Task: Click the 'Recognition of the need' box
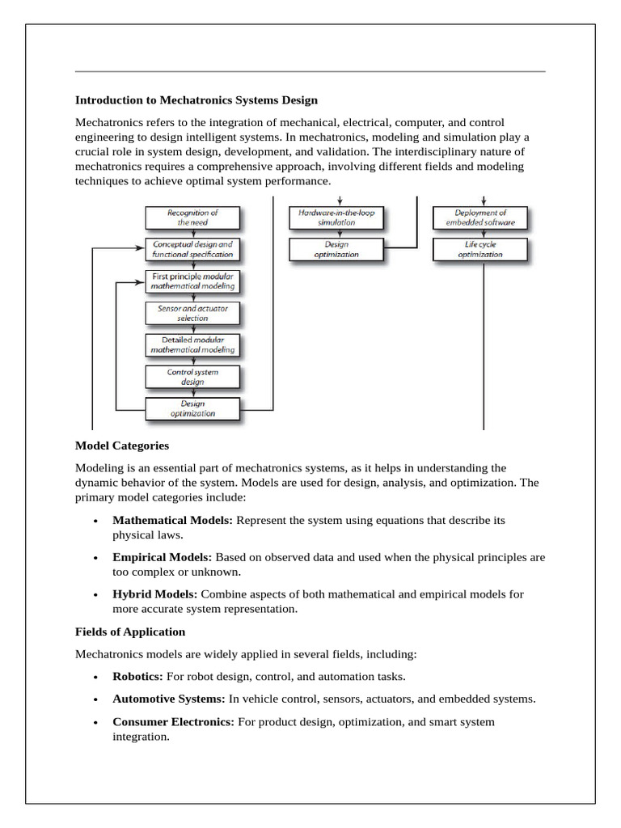click(192, 217)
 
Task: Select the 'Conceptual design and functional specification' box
click(192, 248)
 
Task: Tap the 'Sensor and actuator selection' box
click(192, 314)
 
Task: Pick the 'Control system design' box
click(192, 377)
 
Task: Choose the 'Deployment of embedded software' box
click(479, 217)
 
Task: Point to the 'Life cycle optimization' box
click(479, 248)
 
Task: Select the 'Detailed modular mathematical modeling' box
click(192, 345)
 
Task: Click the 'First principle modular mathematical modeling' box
click(192, 281)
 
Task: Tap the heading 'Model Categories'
click(121, 446)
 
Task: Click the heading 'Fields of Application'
click(130, 632)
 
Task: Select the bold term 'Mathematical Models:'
click(172, 521)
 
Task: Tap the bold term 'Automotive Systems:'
click(169, 699)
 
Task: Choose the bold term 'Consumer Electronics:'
click(173, 721)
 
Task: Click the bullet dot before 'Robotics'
click(95, 677)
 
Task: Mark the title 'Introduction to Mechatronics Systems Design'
click(196, 100)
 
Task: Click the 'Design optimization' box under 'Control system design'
click(192, 408)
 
